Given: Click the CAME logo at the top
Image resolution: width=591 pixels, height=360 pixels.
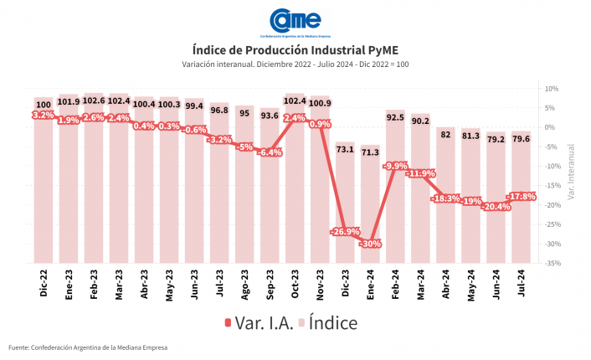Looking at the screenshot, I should click(295, 23).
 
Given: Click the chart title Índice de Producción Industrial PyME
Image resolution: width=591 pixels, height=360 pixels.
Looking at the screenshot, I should click(295, 49).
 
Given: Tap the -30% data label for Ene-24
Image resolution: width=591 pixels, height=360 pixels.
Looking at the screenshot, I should click(370, 244).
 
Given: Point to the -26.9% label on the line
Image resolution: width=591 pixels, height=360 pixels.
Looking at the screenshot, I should click(345, 232).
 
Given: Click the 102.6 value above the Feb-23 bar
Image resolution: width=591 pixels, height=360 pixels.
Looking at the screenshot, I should click(94, 101).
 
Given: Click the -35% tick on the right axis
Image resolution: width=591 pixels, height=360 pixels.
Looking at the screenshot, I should click(552, 263).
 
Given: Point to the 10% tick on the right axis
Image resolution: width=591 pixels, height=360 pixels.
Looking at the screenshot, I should click(552, 88).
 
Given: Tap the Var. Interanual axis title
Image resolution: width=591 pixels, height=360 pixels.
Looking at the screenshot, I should click(571, 174).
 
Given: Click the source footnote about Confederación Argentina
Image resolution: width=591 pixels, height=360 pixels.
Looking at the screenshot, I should click(88, 347).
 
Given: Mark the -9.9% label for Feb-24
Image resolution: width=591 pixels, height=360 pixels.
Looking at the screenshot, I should click(395, 166).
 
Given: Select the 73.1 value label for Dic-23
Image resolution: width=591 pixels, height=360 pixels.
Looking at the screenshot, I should click(345, 149).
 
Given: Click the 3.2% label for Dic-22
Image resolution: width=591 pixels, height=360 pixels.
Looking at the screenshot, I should click(43, 115).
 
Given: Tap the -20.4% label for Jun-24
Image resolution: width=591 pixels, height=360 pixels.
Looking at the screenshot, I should click(496, 206).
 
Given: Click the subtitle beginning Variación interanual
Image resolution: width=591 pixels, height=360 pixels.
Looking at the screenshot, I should click(295, 64).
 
